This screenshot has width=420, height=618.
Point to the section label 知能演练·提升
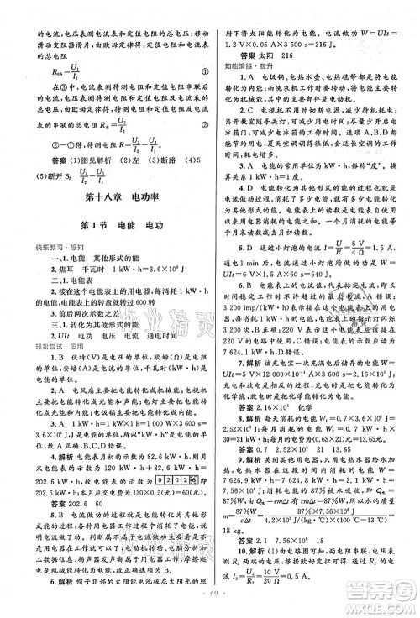[242, 61]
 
